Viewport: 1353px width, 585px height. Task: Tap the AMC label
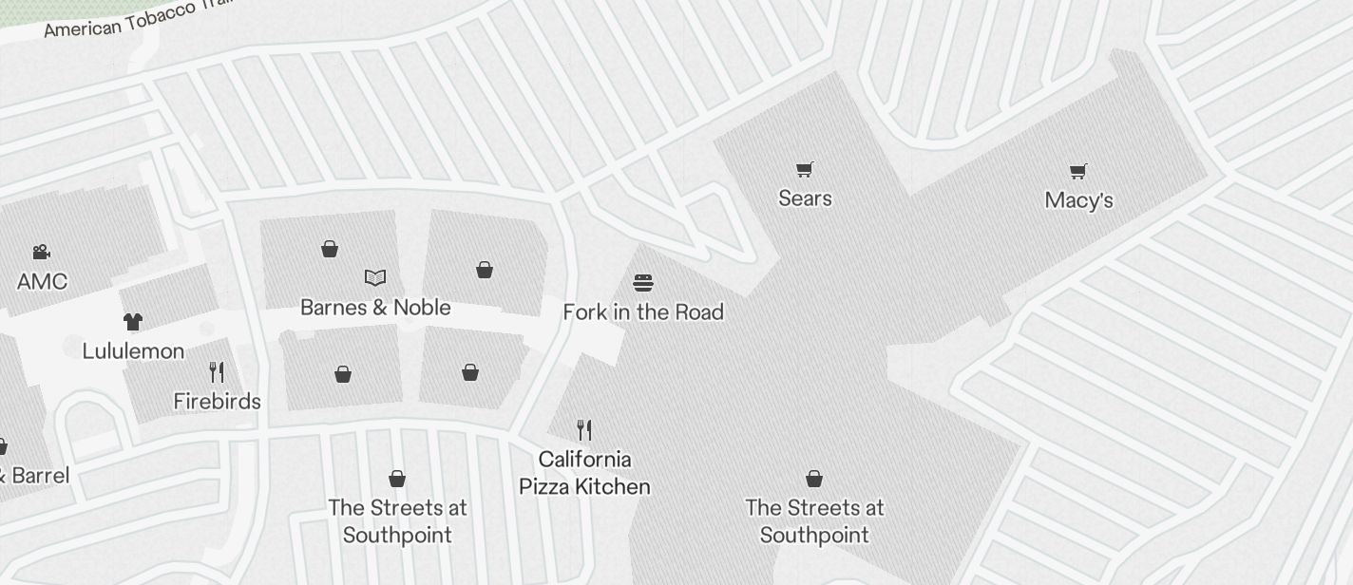point(42,281)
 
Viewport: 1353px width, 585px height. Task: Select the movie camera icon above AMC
point(41,252)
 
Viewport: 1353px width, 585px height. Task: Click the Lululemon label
point(133,350)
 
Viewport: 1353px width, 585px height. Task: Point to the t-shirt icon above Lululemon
point(133,322)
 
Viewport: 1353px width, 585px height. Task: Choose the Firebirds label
point(217,401)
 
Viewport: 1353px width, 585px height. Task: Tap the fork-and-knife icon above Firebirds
point(217,371)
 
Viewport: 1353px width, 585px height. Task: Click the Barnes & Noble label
point(375,307)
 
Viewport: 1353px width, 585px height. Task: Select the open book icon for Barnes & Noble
point(375,277)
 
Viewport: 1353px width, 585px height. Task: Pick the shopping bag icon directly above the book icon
point(330,249)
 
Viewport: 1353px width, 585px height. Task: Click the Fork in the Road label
point(643,311)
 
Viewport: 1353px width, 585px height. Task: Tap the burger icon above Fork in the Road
point(643,282)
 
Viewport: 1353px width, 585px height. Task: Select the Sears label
point(805,198)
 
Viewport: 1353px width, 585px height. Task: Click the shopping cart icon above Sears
point(805,169)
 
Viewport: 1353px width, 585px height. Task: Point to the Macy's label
point(1078,199)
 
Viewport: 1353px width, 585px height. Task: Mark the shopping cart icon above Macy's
point(1077,171)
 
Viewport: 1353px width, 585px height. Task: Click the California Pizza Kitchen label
point(584,473)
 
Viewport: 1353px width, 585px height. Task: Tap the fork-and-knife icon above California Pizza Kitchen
point(584,430)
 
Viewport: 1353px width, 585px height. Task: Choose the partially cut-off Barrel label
point(34,475)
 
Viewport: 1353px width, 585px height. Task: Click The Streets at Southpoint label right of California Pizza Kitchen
point(814,521)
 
